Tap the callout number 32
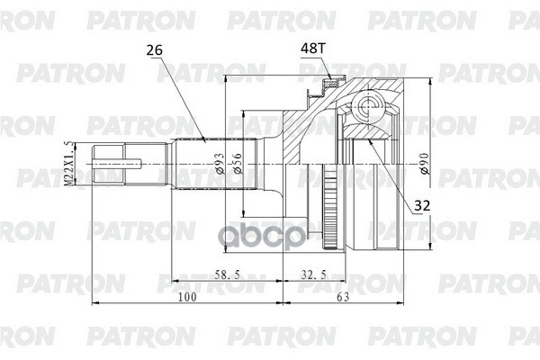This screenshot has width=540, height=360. (420, 205)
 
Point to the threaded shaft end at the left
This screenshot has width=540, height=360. (118, 163)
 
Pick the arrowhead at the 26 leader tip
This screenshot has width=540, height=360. (205, 139)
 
